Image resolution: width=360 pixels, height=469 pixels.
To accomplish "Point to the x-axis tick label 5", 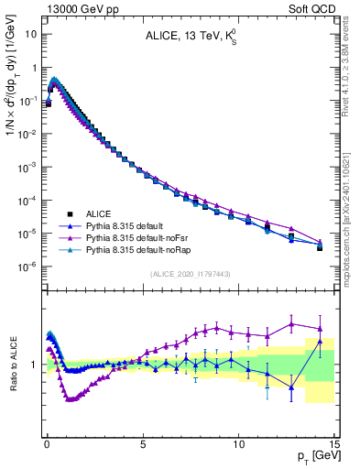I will point(143,444).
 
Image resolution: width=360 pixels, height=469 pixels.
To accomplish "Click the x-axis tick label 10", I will point(238,444).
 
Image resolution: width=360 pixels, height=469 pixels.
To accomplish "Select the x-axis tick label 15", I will point(334,444).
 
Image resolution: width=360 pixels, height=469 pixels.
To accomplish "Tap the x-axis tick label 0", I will point(46,444).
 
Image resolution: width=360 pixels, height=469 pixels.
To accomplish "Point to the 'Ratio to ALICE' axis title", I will point(12,364).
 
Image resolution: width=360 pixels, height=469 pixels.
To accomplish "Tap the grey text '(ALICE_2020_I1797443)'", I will point(191,274).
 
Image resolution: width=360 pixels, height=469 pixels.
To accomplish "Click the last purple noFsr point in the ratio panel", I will point(320,328).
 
